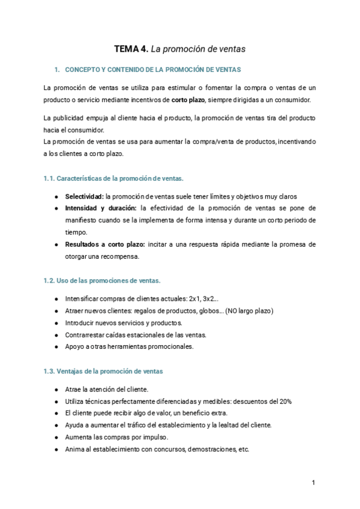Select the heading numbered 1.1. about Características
[114, 179]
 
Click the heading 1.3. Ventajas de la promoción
[103, 372]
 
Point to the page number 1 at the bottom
[313, 483]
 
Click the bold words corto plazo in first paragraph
[188, 100]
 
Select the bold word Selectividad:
[84, 196]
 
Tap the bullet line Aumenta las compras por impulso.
[116, 437]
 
